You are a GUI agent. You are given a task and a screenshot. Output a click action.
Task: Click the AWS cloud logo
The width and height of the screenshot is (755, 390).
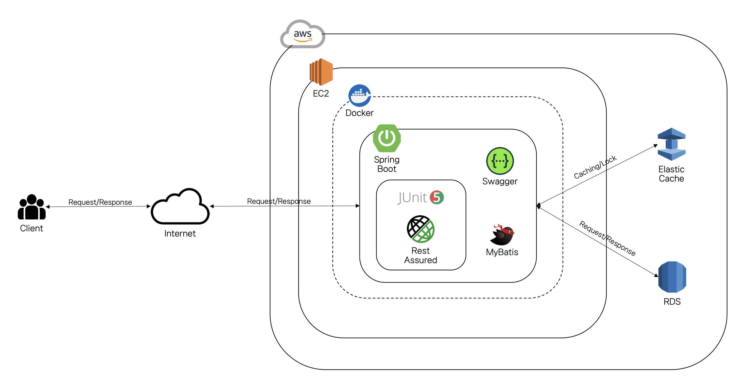(x=302, y=35)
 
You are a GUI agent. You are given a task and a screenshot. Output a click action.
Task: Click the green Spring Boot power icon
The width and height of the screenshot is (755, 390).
(x=387, y=138)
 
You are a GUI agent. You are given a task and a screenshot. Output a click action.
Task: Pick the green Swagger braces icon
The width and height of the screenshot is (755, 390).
(x=500, y=161)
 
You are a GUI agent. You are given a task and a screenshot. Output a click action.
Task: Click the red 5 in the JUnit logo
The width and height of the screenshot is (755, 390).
(x=437, y=197)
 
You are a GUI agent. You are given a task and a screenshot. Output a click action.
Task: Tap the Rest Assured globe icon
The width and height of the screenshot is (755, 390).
(x=420, y=229)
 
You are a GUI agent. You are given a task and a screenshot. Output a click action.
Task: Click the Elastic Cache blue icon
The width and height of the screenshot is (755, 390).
(x=671, y=144)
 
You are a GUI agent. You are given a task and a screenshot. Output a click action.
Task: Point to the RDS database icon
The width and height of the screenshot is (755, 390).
(x=672, y=277)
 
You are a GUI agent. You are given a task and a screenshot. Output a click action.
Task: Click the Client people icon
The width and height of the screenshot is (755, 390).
(x=32, y=207)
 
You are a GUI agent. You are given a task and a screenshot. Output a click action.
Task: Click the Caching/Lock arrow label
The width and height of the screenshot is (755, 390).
(x=595, y=167)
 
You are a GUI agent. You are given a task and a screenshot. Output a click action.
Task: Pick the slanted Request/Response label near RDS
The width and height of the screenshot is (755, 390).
(x=607, y=238)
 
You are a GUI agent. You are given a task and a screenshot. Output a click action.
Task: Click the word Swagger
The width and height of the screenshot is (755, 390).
(x=500, y=181)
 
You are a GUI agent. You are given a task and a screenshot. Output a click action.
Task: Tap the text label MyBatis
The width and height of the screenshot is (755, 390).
(x=502, y=252)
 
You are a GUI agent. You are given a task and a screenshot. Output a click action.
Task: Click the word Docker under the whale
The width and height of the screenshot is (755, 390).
(x=359, y=113)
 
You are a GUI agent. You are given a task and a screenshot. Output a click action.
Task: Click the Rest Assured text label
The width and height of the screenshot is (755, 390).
(x=420, y=255)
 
